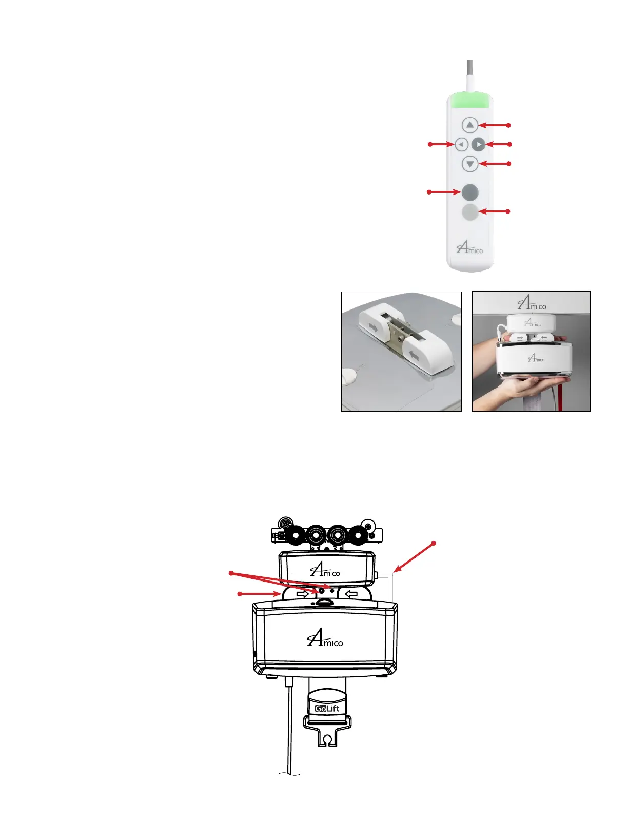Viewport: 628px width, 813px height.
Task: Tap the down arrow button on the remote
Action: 469,164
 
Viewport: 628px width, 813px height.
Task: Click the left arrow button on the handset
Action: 461,145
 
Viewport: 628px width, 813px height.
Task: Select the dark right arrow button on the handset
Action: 478,145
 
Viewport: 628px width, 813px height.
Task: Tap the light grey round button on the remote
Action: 470,212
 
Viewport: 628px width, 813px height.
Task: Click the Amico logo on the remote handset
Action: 469,248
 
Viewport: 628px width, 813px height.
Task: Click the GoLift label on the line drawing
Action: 327,709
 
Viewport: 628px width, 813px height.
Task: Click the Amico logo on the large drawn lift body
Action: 325,638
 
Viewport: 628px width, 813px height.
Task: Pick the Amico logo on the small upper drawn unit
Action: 325,570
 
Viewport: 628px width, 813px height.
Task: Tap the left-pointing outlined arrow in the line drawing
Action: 351,594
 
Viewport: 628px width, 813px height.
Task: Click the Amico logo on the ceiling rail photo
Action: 532,303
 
